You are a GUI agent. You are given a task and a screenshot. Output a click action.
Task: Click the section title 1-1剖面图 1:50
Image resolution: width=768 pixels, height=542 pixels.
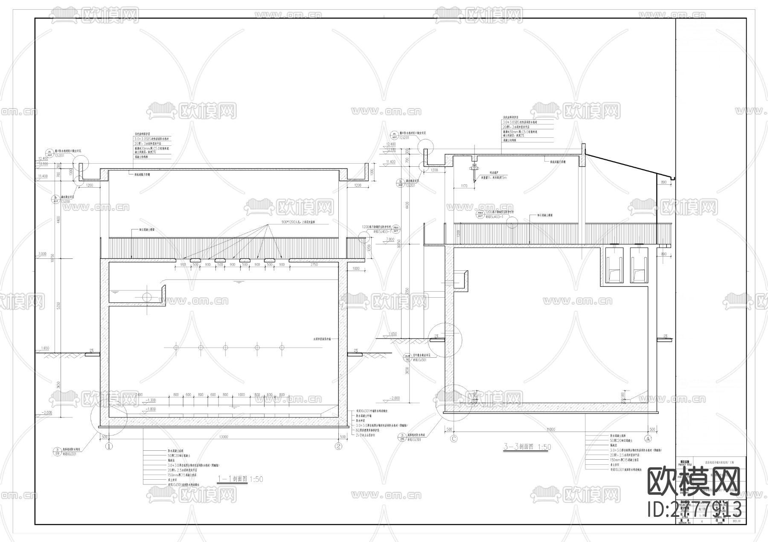[240, 479]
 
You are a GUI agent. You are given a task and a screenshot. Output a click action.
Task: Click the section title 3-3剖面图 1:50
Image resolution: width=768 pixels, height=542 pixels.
[527, 447]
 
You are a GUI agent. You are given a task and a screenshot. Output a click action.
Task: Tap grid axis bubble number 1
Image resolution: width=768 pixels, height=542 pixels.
[109, 446]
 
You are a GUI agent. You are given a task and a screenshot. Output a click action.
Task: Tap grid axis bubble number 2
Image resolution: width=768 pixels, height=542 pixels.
[338, 446]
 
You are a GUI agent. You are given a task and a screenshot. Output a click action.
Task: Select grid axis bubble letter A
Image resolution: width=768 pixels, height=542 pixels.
[648, 438]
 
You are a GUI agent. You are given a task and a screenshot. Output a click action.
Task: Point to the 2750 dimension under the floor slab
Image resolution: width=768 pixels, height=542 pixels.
[314, 265]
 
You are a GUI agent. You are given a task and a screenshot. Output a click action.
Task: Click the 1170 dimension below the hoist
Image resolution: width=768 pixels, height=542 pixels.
[464, 186]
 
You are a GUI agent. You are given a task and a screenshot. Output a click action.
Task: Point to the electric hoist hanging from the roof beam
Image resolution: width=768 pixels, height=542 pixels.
[474, 172]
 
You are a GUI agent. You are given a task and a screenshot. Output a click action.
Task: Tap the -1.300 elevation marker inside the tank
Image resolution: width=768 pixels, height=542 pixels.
[151, 400]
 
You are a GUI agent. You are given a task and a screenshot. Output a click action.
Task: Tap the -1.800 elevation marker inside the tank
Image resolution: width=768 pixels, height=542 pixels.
[151, 409]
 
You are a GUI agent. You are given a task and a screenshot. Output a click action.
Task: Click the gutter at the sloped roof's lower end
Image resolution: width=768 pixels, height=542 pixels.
[673, 177]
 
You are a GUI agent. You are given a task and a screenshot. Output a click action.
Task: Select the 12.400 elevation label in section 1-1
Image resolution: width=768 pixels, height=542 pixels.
[42, 158]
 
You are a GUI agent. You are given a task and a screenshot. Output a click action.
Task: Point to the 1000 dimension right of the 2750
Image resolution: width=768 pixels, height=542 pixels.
[356, 269]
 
